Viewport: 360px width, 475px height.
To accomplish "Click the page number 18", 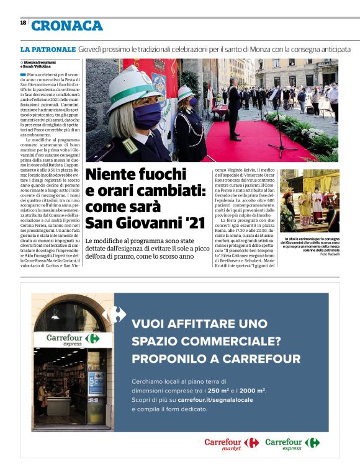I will [x=23, y=23].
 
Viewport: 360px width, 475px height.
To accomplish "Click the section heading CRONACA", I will [x=66, y=25].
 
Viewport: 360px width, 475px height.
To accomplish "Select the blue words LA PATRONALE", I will [x=47, y=48].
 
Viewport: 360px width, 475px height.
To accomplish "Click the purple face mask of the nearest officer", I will [x=147, y=115].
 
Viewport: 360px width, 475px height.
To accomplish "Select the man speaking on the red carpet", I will [x=234, y=105].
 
